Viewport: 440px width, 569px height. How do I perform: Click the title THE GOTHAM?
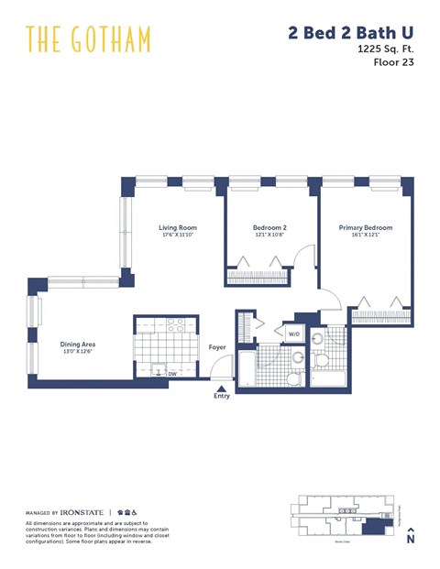coord(88,39)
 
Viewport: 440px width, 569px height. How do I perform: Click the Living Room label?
coord(178,228)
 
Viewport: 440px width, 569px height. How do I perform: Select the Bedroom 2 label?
coord(270,228)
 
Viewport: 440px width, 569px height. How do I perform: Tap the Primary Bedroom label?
coord(365,228)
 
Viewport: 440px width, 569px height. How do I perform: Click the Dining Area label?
coord(79,345)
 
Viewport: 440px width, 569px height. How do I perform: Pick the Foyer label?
coord(217,347)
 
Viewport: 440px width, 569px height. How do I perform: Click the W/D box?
coord(293,334)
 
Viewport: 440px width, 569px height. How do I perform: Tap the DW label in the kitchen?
coord(171,373)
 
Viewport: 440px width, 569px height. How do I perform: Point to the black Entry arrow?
coord(221,388)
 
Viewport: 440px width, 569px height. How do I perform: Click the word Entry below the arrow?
coord(221,396)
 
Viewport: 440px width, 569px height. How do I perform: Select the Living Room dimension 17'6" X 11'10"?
coord(178,236)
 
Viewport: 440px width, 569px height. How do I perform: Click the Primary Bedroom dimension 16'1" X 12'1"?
coord(365,236)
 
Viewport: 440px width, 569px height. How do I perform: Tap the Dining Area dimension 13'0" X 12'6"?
coord(79,353)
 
